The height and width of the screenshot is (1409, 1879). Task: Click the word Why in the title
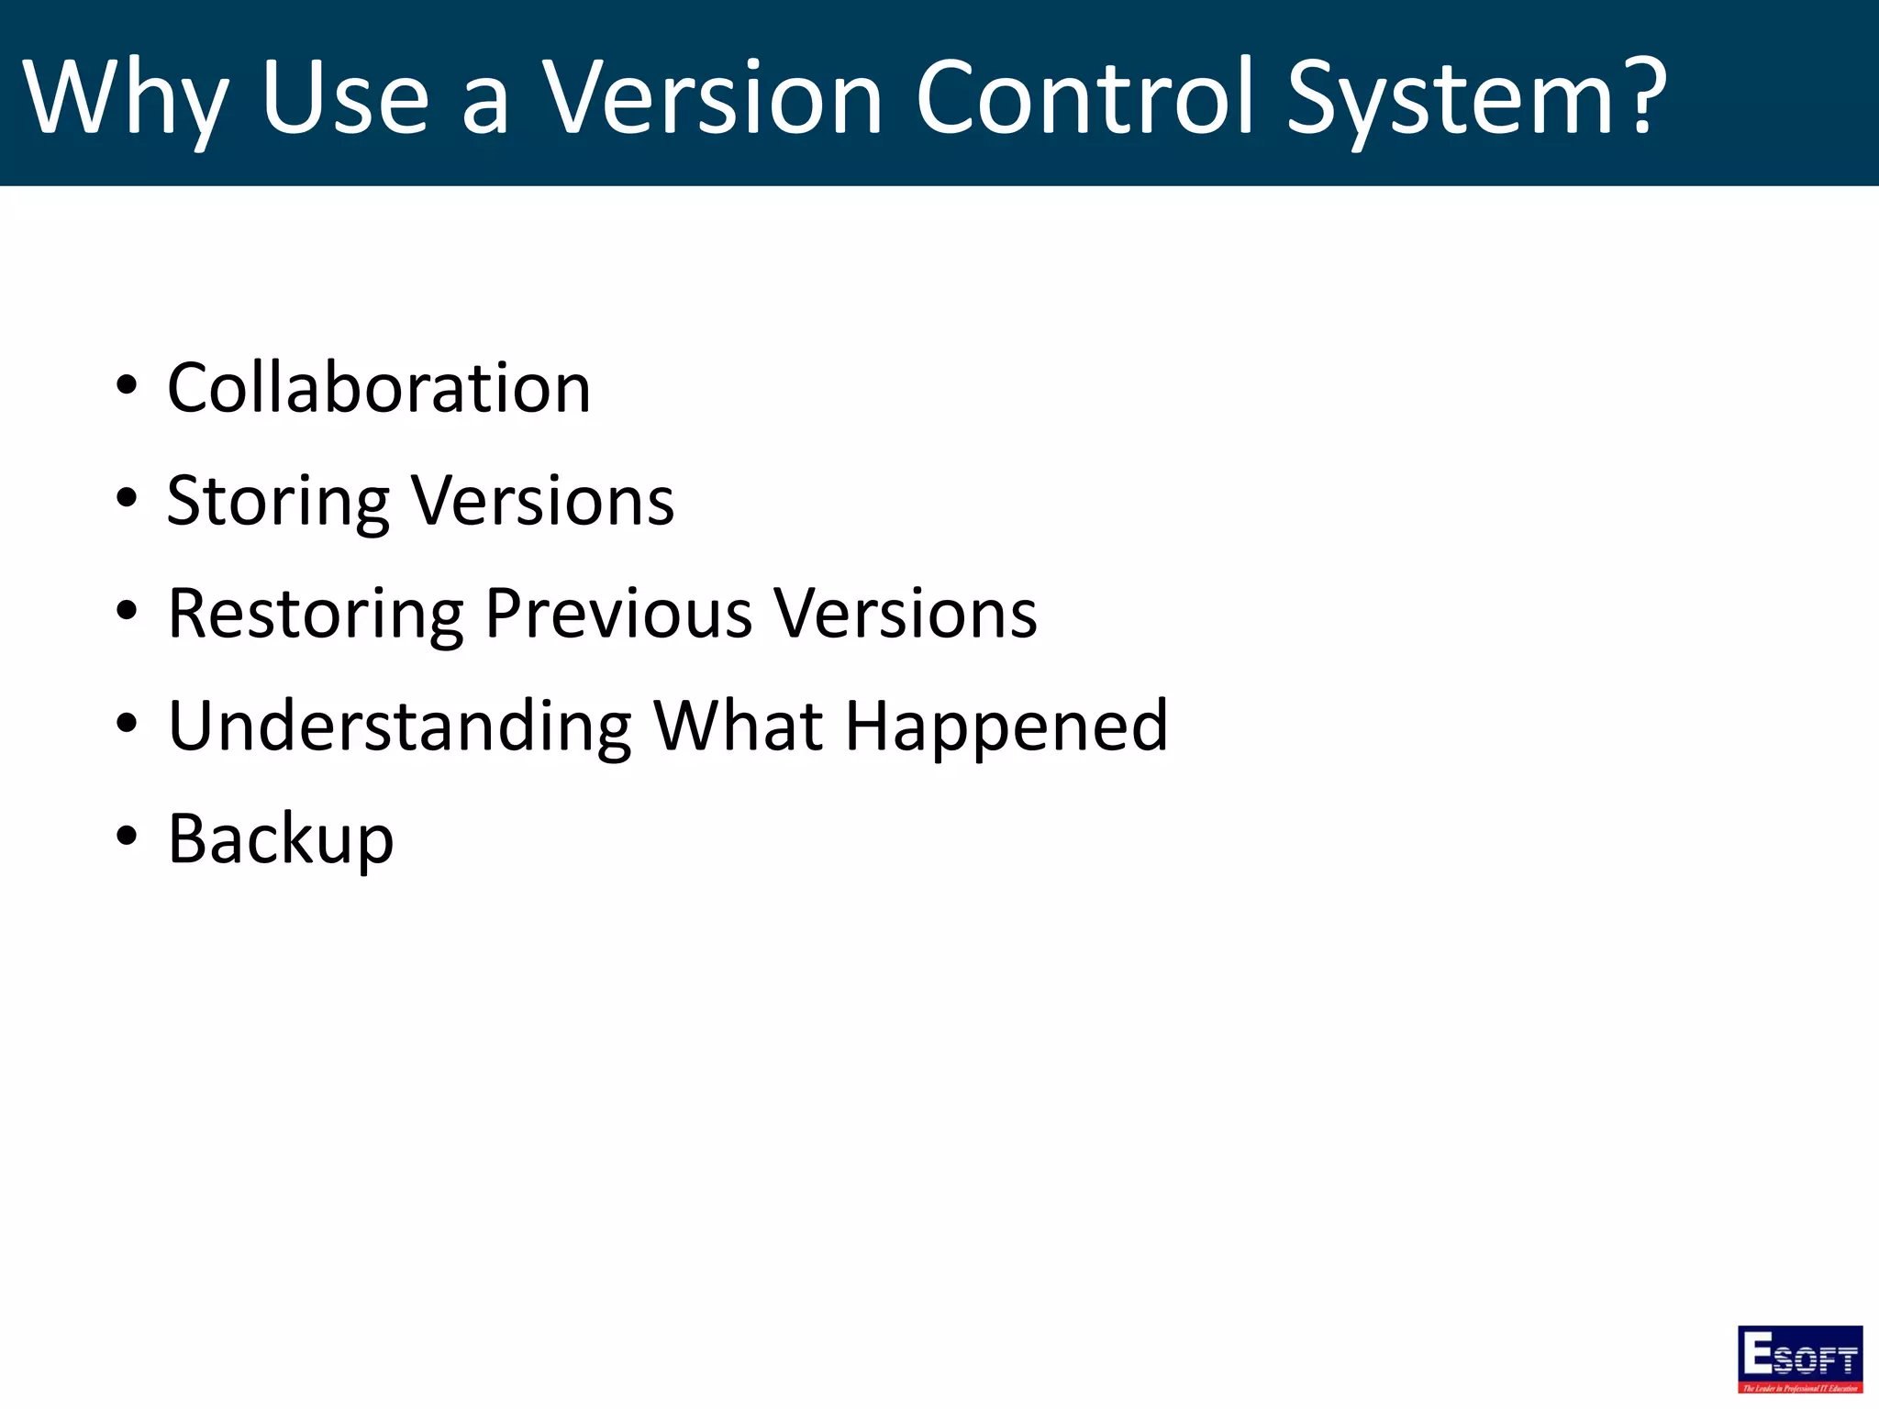[125, 99]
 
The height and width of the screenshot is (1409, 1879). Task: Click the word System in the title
[1450, 99]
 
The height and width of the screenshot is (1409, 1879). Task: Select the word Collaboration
[379, 388]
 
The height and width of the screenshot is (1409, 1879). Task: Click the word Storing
[279, 502]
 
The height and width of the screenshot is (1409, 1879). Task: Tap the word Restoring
[317, 615]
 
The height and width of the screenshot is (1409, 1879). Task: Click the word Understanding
[400, 727]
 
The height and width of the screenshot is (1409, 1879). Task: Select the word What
[739, 727]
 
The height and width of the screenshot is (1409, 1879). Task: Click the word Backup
[281, 839]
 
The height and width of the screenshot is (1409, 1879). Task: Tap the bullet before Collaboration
[127, 385]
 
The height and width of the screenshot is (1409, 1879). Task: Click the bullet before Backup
[127, 837]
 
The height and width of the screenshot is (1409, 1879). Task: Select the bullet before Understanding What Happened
[127, 724]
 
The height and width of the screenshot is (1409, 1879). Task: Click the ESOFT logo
[1799, 1359]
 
